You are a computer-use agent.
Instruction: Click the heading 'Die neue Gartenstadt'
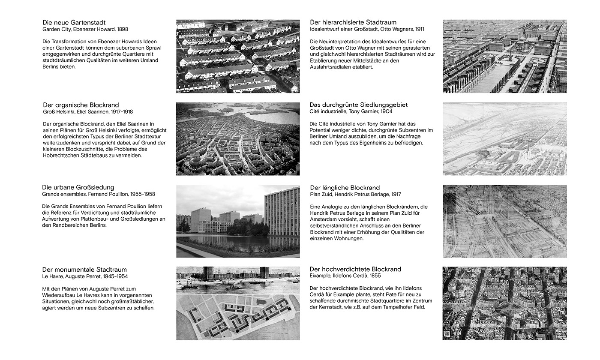point(74,22)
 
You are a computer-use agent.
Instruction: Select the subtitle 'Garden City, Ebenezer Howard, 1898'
point(85,30)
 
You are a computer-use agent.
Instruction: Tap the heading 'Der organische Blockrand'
point(81,105)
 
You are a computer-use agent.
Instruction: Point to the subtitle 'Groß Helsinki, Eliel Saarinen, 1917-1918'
point(88,112)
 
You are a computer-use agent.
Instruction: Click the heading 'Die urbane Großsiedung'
point(78,187)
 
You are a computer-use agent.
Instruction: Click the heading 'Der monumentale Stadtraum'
point(84,270)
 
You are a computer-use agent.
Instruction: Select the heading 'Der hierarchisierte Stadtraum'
point(353,22)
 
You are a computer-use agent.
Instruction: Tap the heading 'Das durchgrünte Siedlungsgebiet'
point(358,105)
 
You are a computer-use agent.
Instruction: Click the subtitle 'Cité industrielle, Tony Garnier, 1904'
point(351,111)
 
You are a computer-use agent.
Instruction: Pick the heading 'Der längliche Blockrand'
point(345,187)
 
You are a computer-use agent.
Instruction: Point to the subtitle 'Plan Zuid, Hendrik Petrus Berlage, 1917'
point(355,194)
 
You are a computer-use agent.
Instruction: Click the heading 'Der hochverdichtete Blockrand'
point(355,269)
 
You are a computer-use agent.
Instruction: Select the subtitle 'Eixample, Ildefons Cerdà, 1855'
point(345,276)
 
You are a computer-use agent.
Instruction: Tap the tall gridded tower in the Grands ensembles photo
point(282,212)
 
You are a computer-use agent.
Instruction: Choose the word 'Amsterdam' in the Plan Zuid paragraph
point(324,219)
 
